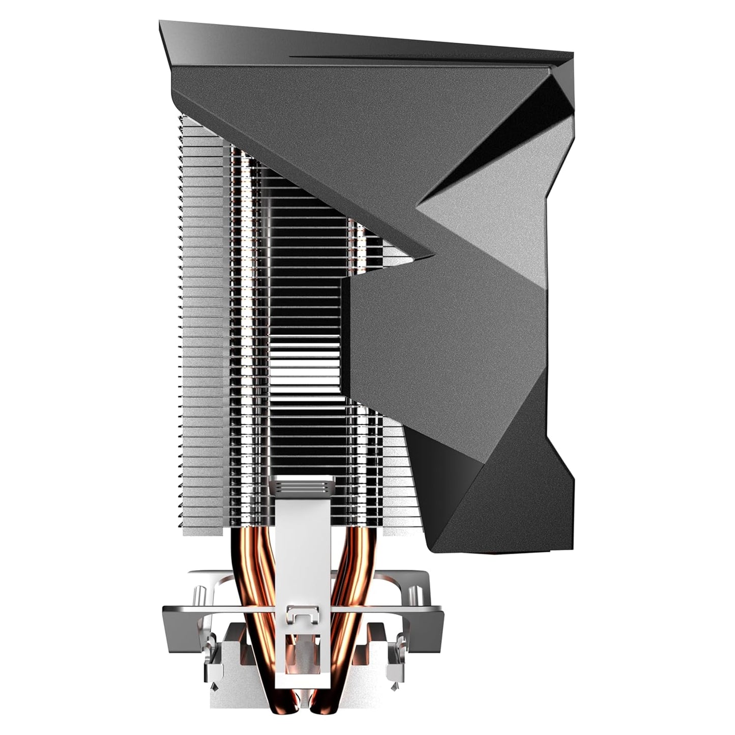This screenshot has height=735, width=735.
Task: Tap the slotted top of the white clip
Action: point(300,487)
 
